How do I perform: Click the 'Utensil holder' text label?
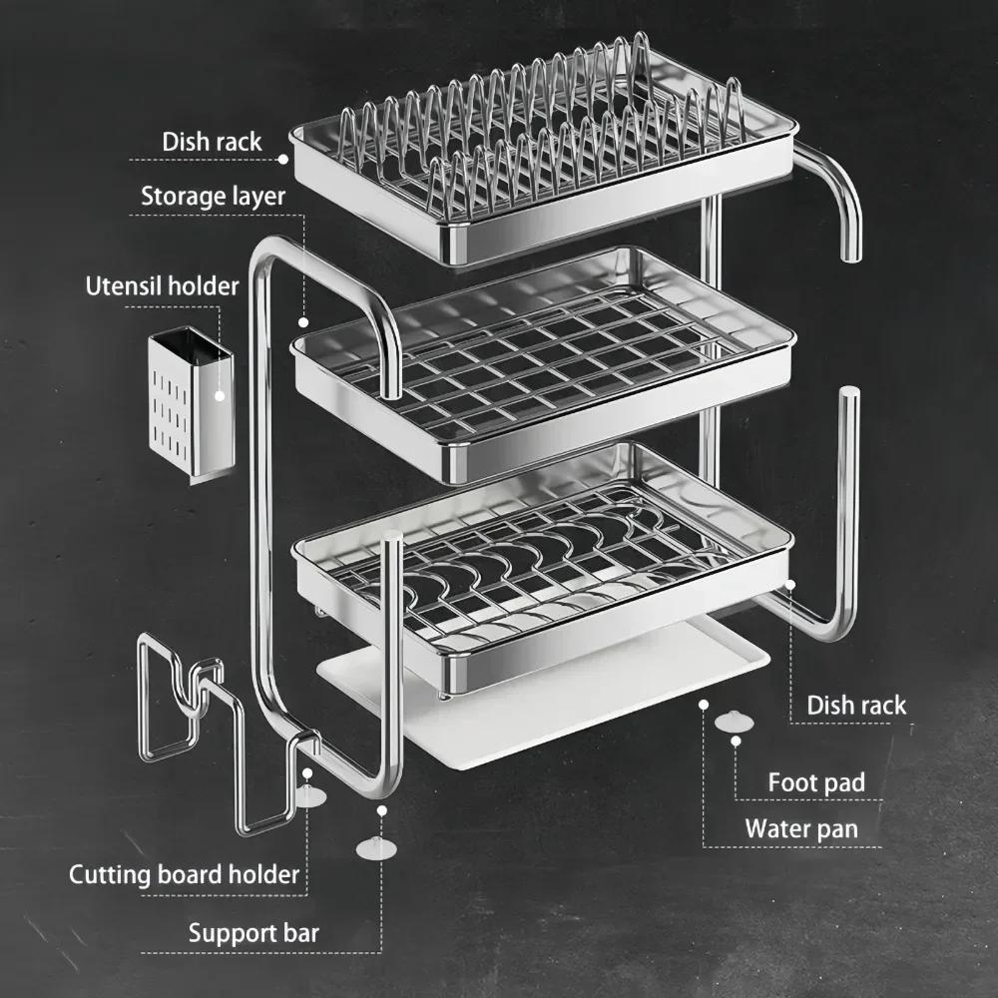click(162, 286)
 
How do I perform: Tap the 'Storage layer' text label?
click(213, 196)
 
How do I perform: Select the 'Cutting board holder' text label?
click(184, 875)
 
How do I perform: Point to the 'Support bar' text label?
click(253, 933)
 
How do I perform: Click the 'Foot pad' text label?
click(815, 782)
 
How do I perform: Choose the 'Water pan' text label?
click(800, 828)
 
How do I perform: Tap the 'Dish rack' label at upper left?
click(212, 142)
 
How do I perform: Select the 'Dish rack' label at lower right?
click(856, 705)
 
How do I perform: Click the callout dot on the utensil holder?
click(222, 395)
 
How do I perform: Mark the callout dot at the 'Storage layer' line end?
click(302, 322)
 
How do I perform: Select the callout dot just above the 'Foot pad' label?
click(737, 741)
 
